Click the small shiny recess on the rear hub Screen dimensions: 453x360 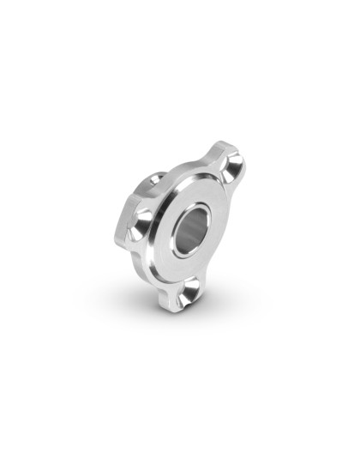coord(157,179)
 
